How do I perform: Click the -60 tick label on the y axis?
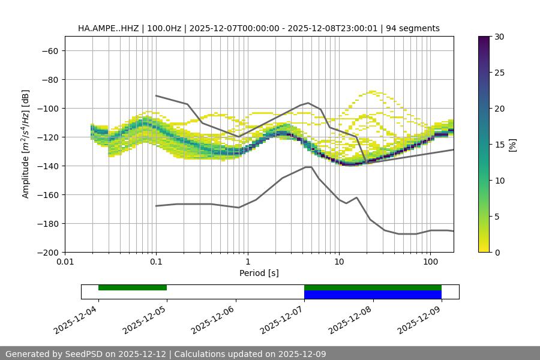click(49, 51)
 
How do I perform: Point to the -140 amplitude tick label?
click(47, 166)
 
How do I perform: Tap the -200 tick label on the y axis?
click(47, 253)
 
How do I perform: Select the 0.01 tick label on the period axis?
click(65, 262)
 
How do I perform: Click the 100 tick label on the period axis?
click(430, 262)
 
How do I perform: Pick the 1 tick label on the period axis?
click(247, 262)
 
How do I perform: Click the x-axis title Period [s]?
click(259, 273)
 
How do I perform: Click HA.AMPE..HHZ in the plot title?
click(107, 28)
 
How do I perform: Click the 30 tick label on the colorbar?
click(499, 37)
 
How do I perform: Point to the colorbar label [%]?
click(512, 145)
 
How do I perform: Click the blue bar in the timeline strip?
click(373, 295)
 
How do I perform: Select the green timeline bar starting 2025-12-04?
click(133, 287)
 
